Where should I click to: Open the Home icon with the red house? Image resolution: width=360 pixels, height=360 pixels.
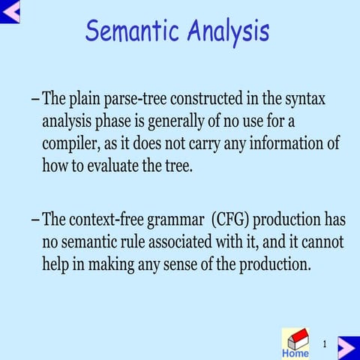point(295,343)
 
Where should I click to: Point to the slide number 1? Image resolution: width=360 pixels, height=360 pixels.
point(324,343)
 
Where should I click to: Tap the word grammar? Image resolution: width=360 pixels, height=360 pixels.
point(180,220)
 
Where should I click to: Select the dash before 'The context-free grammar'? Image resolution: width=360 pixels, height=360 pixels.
point(36,220)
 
